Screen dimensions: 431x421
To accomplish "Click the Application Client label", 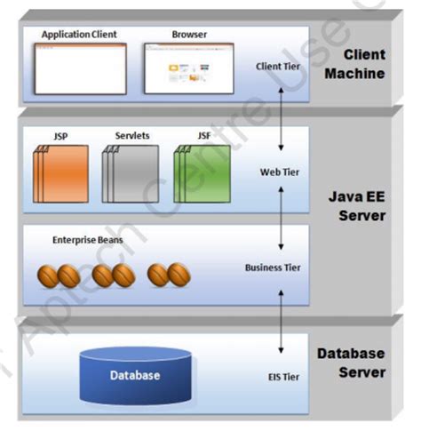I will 79,35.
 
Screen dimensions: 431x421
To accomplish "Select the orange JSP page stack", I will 62,173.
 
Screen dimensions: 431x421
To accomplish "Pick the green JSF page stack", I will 203,173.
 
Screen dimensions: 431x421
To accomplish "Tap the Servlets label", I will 132,136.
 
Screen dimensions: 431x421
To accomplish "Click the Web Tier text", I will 277,172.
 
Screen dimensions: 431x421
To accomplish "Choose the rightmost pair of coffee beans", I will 169,274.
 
